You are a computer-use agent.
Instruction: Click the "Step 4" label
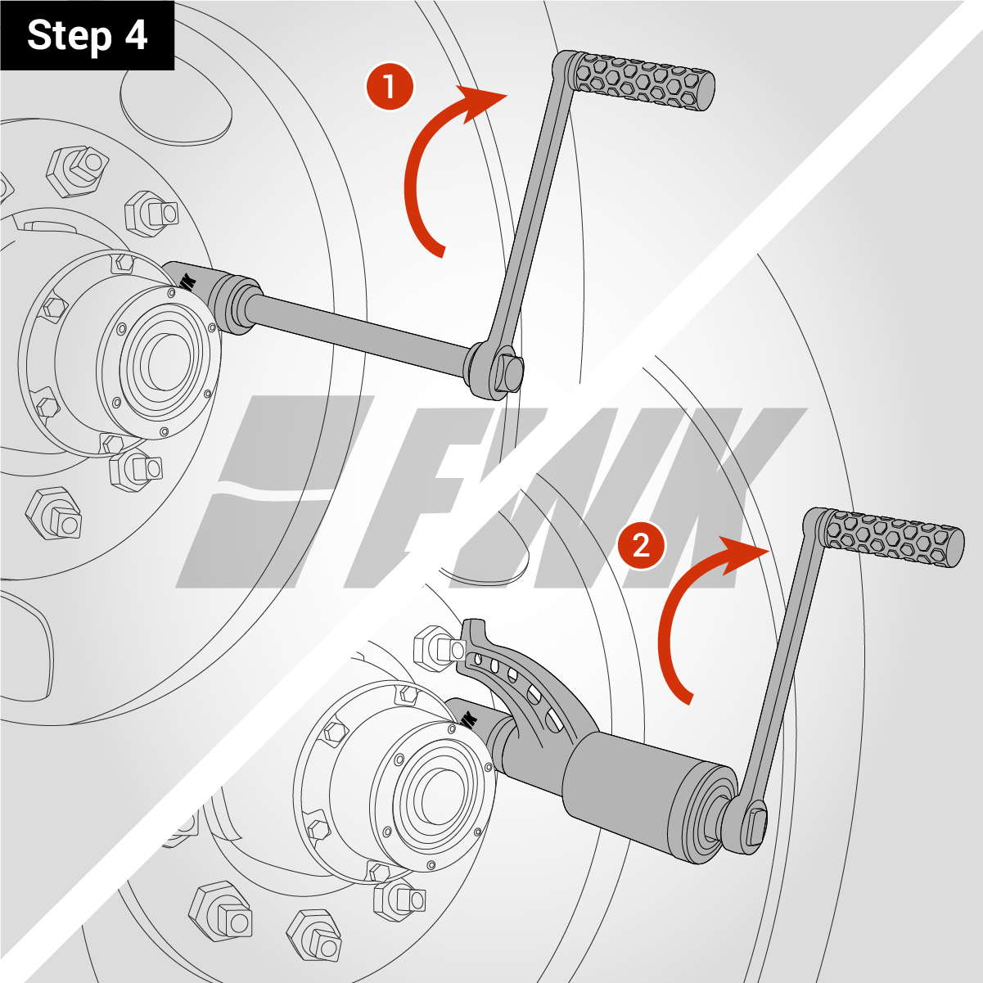(x=88, y=36)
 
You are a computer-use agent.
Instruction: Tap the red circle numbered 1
(x=390, y=86)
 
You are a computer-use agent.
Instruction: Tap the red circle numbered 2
(x=641, y=546)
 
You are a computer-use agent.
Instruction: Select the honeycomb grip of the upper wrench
(x=644, y=80)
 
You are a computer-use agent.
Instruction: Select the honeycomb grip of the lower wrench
(x=894, y=539)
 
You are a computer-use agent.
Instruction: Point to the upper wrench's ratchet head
(x=495, y=368)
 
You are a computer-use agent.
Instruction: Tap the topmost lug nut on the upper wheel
(x=78, y=171)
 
